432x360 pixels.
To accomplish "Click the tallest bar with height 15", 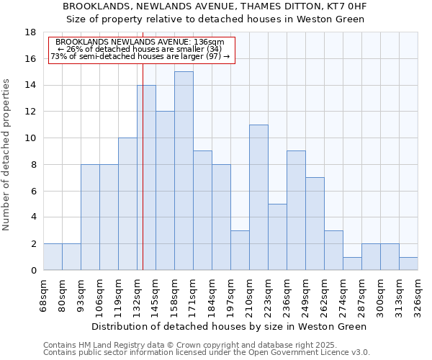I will click(x=184, y=171).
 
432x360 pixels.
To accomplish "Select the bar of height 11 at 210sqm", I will click(x=258, y=197).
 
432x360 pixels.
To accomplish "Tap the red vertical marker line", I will click(x=143, y=180).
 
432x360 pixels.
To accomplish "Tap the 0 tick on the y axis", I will click(x=33, y=270).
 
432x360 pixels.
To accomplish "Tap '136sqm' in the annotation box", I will click(x=209, y=42).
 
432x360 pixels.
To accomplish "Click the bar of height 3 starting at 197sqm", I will click(x=240, y=250).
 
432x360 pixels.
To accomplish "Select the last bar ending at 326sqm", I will click(x=408, y=264).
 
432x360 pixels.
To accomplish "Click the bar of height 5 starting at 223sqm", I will click(x=277, y=237).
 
